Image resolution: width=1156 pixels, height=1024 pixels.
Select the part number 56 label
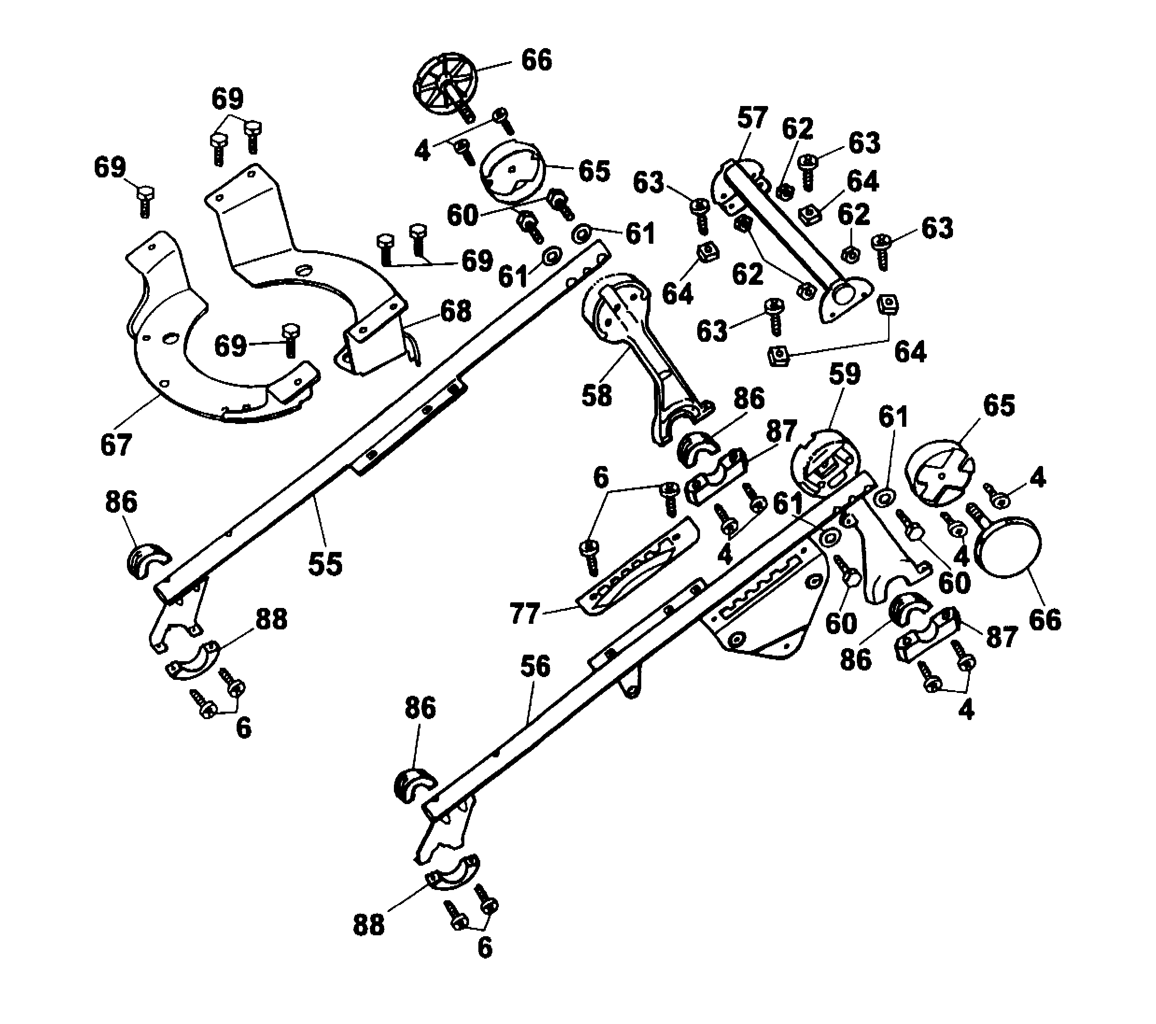point(535,666)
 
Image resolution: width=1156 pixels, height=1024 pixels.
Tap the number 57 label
point(752,118)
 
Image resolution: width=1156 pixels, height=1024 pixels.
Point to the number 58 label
point(596,395)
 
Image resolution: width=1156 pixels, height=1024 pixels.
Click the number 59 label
point(844,374)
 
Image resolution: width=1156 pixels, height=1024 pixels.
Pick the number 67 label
point(116,445)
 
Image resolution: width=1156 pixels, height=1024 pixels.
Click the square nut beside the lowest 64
point(779,356)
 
